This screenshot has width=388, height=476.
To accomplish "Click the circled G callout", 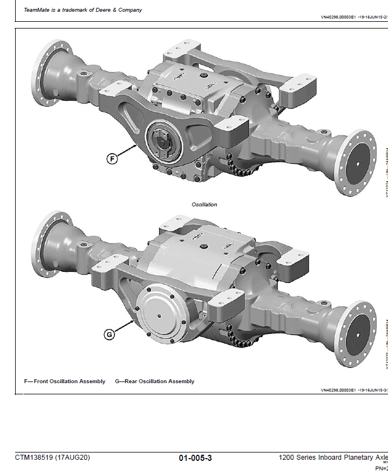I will click(110, 334).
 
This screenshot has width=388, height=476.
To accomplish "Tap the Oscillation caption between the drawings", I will click(204, 205).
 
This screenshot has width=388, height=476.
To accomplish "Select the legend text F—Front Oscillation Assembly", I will click(64, 381).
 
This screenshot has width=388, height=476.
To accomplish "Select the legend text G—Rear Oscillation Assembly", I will click(155, 381).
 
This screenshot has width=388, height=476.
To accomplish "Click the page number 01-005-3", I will click(195, 458).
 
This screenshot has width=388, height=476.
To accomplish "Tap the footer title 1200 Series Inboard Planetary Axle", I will click(333, 458).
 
